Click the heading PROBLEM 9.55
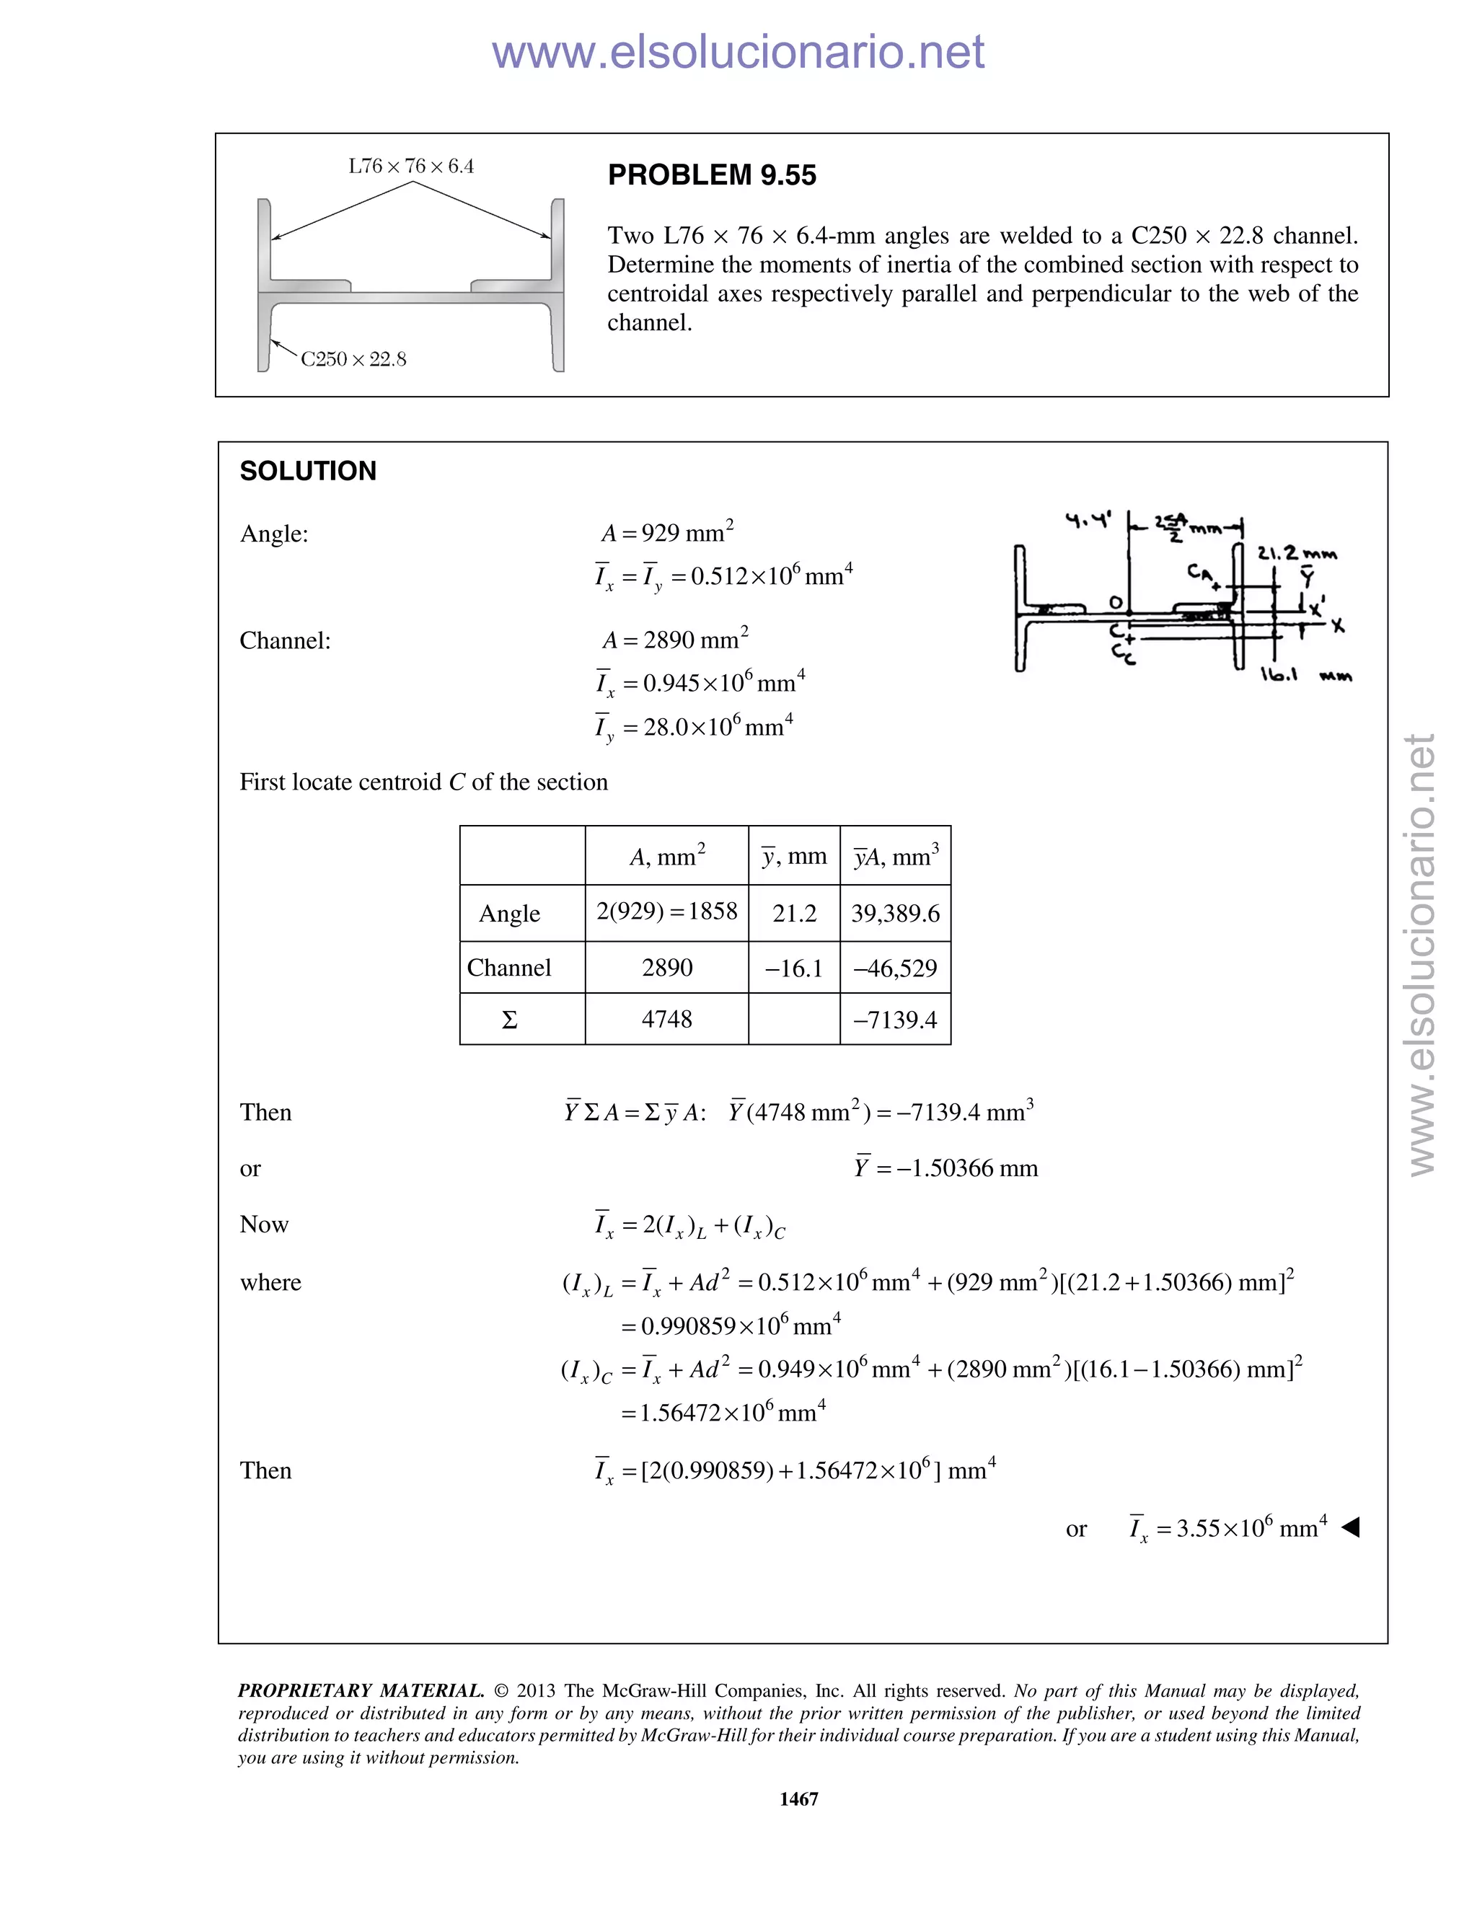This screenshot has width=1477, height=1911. [x=711, y=176]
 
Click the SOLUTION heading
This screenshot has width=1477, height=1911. [x=308, y=472]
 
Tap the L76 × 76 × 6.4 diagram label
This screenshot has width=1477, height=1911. [x=410, y=167]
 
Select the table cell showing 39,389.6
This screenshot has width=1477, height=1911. [x=895, y=914]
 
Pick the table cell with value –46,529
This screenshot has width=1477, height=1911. [x=895, y=968]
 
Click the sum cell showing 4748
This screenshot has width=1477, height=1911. [x=667, y=1020]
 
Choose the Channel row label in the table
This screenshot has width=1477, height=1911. [x=509, y=968]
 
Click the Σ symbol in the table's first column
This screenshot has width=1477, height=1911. [x=509, y=1020]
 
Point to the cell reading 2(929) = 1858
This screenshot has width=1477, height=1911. [x=667, y=912]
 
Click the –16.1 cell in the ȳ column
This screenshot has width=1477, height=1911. [x=793, y=968]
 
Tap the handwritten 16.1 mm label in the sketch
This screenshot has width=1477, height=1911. [x=1305, y=676]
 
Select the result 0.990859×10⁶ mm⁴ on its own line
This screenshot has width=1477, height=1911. [x=731, y=1325]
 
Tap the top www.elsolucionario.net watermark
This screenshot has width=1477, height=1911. [x=738, y=53]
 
